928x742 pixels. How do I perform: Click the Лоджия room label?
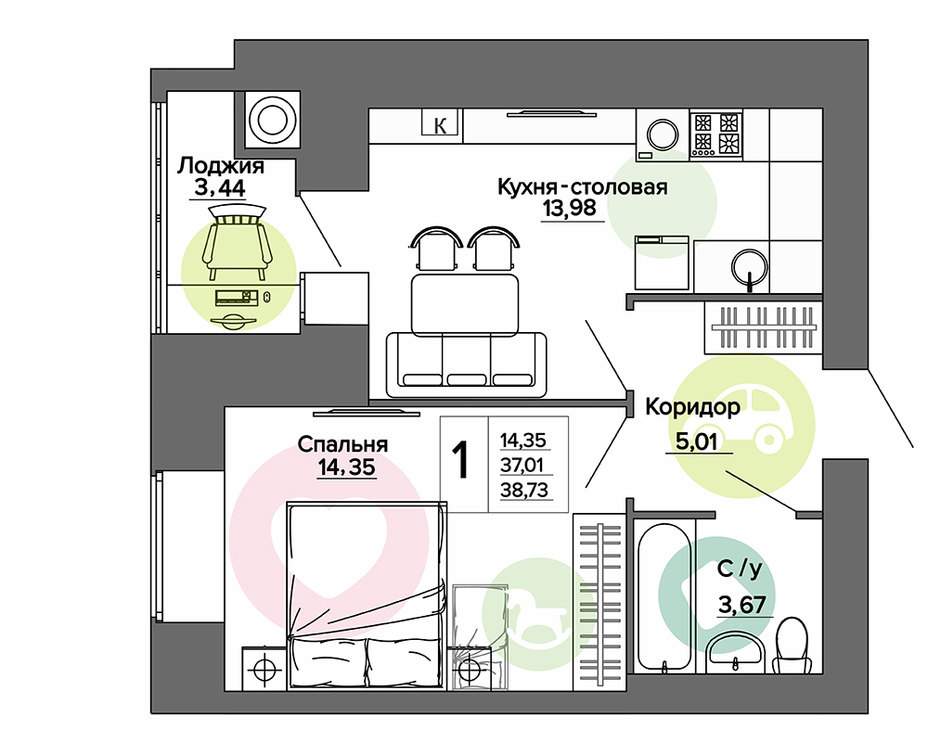pos(220,166)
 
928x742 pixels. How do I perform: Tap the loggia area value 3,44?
pos(220,188)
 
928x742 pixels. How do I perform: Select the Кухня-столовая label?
pos(583,187)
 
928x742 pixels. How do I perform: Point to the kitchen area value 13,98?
pos(570,209)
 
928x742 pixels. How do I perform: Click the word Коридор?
pos(692,407)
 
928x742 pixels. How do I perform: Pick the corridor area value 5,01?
pos(696,441)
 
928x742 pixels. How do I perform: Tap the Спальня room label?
pos(342,444)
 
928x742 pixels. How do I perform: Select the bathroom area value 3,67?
pos(742,605)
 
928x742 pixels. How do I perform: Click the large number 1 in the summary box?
pos(460,460)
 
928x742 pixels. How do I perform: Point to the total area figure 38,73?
pos(524,490)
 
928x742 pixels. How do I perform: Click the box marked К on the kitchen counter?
pos(440,125)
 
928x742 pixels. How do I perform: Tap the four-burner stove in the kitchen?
pos(716,134)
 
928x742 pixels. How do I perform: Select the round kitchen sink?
pos(750,267)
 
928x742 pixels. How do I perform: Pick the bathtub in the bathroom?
pos(664,596)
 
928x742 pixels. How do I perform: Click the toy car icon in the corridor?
pos(748,421)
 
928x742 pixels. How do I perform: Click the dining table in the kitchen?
pos(465,305)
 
